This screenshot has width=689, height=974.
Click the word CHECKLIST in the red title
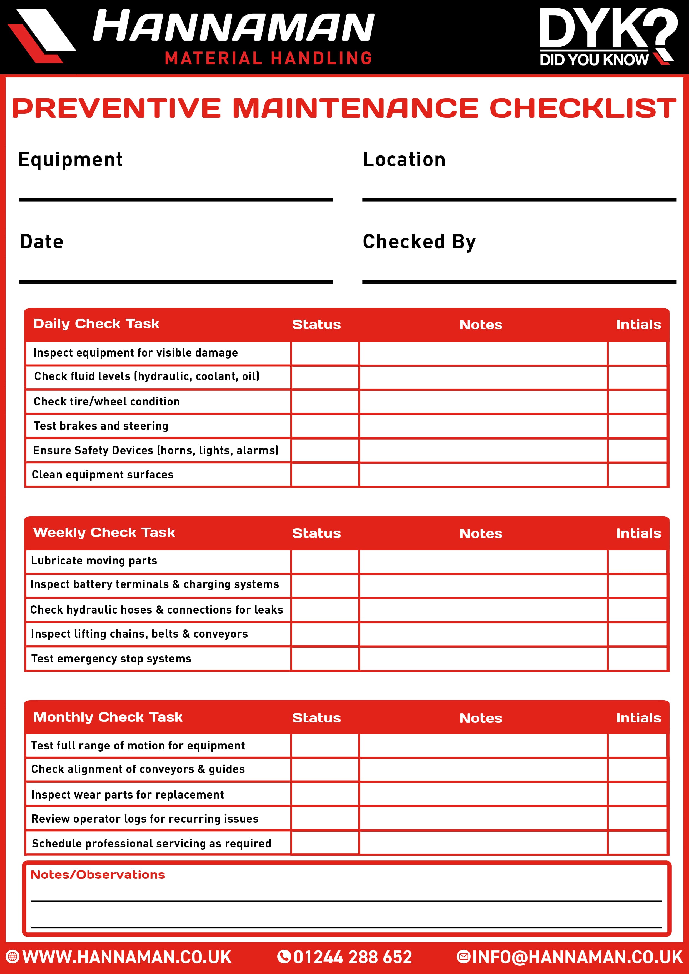point(582,108)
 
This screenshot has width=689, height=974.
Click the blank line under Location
point(519,199)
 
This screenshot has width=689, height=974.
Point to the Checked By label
point(419,242)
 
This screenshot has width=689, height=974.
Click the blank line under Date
point(176,282)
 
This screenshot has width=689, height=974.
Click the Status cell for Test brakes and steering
point(325,426)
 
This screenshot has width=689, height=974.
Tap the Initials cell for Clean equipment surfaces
point(637,475)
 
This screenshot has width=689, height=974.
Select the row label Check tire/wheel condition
point(107,401)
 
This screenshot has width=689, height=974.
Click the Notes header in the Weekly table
point(481,533)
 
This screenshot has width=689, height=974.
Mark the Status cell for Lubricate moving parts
point(325,561)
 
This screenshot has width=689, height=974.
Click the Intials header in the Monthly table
point(638,718)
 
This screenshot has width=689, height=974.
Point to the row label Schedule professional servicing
point(151,843)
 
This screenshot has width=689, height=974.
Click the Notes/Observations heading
point(98,875)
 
